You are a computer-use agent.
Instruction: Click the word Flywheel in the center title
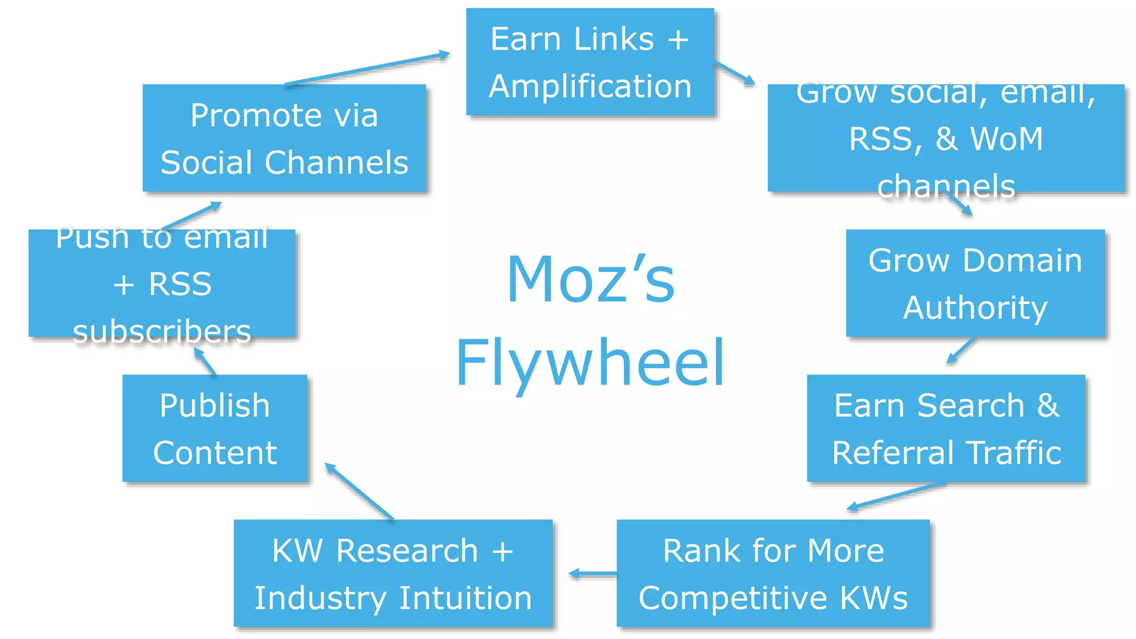click(x=590, y=364)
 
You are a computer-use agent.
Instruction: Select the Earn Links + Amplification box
click(x=590, y=62)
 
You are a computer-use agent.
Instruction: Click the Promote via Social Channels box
click(x=284, y=138)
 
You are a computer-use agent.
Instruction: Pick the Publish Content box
click(x=215, y=428)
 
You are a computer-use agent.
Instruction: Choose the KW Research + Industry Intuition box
click(x=393, y=574)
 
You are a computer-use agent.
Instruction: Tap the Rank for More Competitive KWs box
click(x=773, y=574)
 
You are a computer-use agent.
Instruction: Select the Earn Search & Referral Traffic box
click(x=946, y=428)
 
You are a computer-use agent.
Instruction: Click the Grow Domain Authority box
click(x=976, y=283)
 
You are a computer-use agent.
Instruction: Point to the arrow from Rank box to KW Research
click(x=593, y=574)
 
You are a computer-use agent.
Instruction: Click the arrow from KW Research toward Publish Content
click(x=359, y=491)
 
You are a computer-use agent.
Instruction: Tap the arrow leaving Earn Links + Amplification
click(x=735, y=73)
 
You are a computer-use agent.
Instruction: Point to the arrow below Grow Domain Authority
click(x=961, y=350)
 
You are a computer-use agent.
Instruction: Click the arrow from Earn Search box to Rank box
click(x=896, y=496)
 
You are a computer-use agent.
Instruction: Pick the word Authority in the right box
click(x=976, y=308)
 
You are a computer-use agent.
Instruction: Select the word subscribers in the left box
click(x=162, y=331)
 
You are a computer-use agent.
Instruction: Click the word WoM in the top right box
click(x=1007, y=139)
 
